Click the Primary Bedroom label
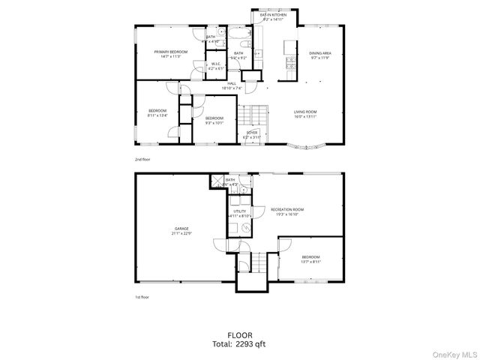pos(170,52)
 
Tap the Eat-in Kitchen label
pos(273,14)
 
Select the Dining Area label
pos(320,53)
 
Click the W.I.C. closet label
pos(215,64)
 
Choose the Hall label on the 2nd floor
pos(232,83)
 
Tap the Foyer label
pos(252,132)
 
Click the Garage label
pos(182,228)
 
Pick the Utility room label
pos(240,211)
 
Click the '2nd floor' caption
pos(142,160)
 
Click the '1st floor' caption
pos(141,297)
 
